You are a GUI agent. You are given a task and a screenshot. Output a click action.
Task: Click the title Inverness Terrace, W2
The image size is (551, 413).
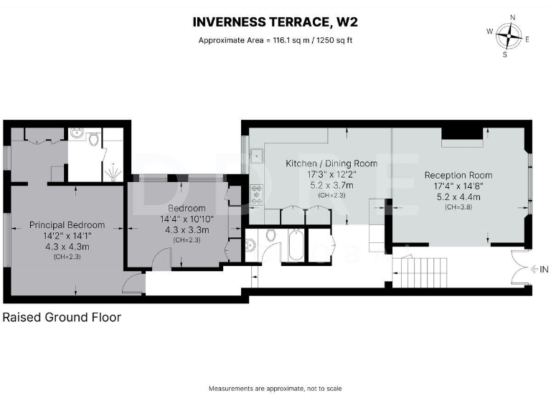(x=275, y=22)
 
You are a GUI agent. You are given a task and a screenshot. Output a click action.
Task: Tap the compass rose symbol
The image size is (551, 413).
(x=509, y=36)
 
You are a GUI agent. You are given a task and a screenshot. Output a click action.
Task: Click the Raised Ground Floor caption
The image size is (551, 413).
(x=62, y=317)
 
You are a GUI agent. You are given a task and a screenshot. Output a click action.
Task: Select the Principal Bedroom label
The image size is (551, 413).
(x=67, y=224)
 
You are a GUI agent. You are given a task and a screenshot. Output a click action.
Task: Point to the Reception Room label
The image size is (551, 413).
(x=458, y=175)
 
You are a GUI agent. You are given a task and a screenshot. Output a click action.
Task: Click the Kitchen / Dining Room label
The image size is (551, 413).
(x=331, y=163)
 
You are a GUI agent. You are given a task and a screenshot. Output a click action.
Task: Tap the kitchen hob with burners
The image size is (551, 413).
(x=257, y=194)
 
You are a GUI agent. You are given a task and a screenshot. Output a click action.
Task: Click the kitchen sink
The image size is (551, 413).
(x=257, y=156)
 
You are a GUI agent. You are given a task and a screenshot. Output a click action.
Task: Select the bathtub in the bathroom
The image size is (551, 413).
(x=296, y=245)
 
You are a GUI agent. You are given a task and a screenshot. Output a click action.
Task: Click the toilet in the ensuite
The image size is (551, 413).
(x=93, y=139)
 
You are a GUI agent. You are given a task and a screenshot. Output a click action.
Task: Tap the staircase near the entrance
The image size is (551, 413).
(x=420, y=272)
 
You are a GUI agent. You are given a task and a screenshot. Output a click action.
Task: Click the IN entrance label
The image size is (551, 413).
(x=544, y=270)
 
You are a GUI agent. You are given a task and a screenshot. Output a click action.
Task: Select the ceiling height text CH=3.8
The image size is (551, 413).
(x=458, y=207)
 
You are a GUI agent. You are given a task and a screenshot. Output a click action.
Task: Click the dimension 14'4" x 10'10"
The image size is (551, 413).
(x=187, y=219)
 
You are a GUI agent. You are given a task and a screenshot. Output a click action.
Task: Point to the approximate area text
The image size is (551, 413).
(x=275, y=40)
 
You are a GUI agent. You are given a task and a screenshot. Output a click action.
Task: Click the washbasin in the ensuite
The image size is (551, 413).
(x=77, y=133)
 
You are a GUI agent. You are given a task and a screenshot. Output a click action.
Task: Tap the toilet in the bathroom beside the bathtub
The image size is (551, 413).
(x=271, y=235)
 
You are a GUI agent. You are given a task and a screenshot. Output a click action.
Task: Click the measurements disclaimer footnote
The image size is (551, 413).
(x=275, y=389)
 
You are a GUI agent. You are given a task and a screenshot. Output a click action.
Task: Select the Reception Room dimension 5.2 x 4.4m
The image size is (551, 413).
(x=458, y=197)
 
